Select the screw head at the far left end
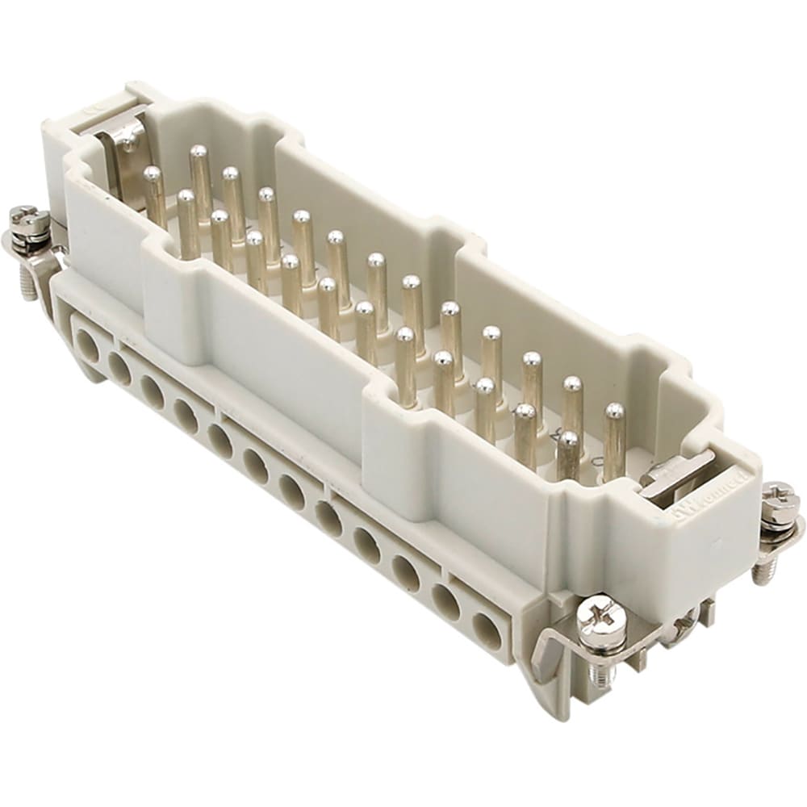28,216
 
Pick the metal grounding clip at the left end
121,161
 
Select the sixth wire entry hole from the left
256,466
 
